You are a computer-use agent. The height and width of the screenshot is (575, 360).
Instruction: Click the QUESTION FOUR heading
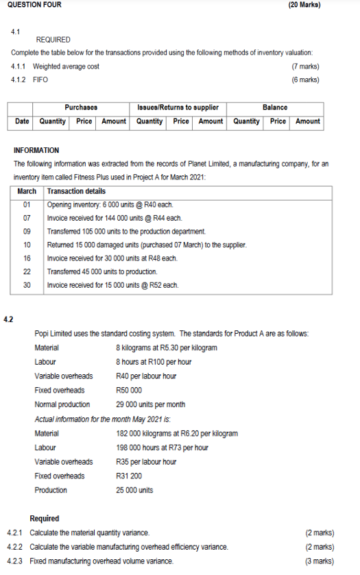(32, 5)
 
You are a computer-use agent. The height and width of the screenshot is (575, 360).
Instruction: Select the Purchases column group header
(81, 107)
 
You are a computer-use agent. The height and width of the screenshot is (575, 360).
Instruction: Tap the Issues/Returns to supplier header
(178, 107)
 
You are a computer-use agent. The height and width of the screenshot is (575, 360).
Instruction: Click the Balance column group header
(275, 107)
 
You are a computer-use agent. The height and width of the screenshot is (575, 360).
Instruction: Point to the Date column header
(22, 121)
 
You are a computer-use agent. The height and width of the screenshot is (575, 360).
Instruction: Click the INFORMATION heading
(36, 150)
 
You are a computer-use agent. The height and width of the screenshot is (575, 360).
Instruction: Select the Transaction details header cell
(76, 191)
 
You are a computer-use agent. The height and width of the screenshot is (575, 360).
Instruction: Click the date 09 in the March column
(27, 232)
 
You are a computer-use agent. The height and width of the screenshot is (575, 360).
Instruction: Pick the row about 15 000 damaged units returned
(146, 245)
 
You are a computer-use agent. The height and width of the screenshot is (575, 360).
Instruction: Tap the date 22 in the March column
(27, 271)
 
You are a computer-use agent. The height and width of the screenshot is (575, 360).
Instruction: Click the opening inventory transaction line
(110, 205)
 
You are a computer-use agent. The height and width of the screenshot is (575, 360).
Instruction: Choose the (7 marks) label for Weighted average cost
(305, 66)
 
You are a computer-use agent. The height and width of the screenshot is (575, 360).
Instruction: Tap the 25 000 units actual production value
(135, 490)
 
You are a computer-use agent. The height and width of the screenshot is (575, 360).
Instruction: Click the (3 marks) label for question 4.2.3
(320, 561)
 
